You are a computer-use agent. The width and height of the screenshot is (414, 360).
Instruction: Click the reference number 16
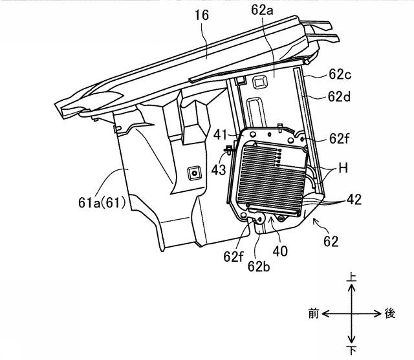coord(202,15)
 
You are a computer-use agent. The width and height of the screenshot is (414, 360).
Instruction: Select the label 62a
coord(262,10)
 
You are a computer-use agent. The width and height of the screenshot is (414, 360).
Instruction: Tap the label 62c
coord(340,74)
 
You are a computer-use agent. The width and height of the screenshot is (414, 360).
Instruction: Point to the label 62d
coord(339,96)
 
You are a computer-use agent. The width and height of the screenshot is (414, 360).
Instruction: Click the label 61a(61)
coord(102,203)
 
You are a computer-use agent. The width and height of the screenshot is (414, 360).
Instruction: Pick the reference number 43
coord(219,170)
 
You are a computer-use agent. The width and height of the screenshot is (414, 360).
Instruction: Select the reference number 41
coord(220,135)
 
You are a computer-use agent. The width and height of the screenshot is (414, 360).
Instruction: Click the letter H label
coord(343,168)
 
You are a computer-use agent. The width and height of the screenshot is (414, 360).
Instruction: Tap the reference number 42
coord(354,200)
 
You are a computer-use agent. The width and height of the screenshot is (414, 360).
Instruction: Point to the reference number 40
coord(280,251)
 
